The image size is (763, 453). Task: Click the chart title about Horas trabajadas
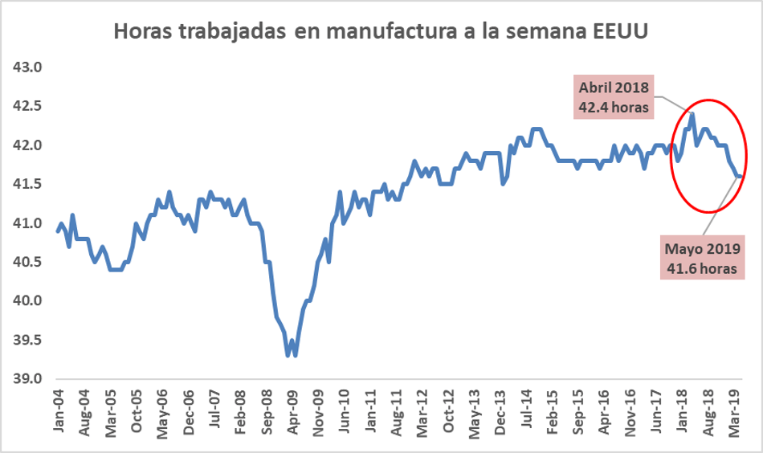(x=381, y=31)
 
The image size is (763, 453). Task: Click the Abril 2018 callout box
(x=613, y=96)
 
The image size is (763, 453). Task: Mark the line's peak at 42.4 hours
(x=692, y=114)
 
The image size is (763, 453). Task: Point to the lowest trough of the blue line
(x=288, y=354)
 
